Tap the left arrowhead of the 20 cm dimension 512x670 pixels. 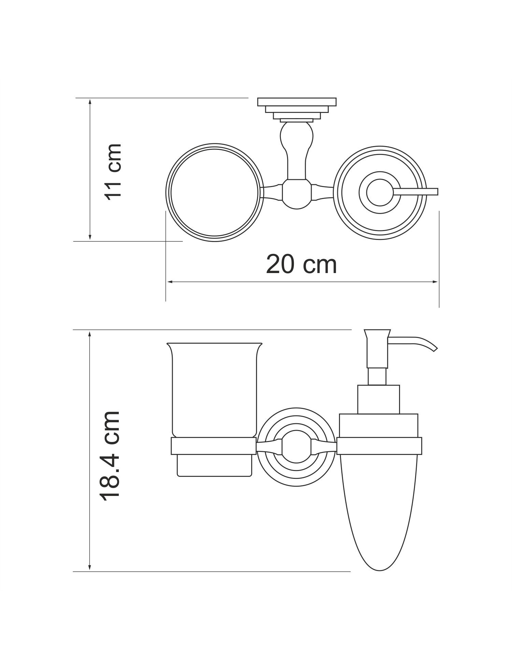point(169,282)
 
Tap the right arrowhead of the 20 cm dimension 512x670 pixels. point(435,282)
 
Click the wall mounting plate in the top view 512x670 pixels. point(297,110)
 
